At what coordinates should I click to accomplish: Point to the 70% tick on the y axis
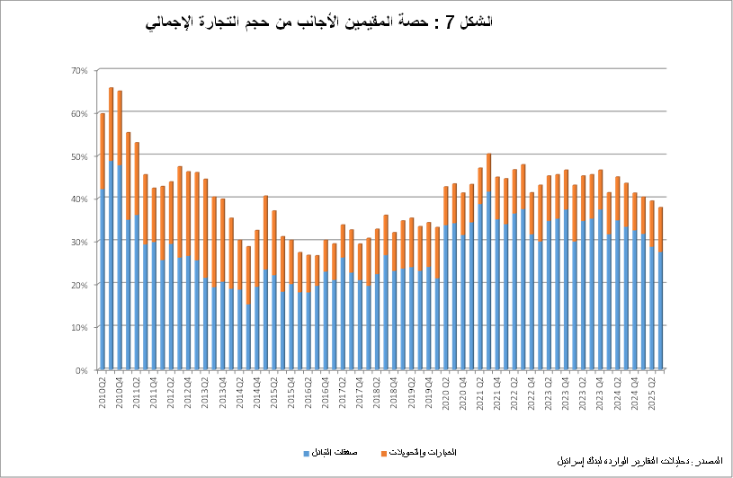point(78,70)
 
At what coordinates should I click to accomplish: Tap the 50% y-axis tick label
point(78,155)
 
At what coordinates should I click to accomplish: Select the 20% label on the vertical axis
point(78,284)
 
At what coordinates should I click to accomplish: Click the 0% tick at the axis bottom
point(81,369)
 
